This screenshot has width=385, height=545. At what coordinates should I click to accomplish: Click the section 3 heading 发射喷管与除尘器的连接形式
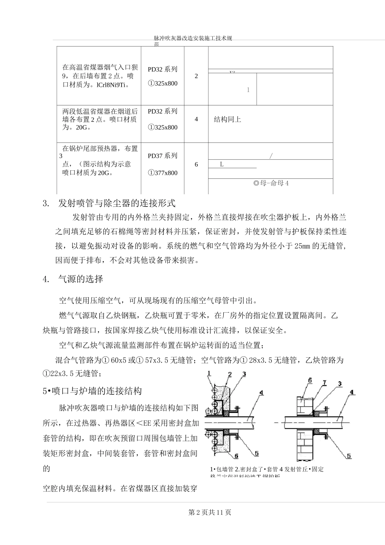click(117, 202)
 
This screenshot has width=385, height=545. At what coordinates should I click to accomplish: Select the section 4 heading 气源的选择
click(81, 279)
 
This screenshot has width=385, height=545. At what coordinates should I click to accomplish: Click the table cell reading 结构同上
click(227, 119)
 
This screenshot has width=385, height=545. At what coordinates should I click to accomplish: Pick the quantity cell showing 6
click(197, 164)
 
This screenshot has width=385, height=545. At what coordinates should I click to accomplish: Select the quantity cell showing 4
click(197, 119)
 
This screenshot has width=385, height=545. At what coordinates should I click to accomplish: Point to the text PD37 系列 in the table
click(163, 156)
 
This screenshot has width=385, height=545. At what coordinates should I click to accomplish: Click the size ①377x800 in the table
click(163, 173)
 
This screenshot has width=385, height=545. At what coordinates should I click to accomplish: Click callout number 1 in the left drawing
click(209, 373)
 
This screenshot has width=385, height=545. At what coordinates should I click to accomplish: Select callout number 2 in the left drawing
click(229, 374)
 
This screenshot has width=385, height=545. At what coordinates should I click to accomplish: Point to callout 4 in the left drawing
click(261, 392)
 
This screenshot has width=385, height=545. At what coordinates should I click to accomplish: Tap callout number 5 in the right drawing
click(349, 456)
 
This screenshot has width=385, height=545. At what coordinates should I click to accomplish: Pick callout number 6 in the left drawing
click(236, 457)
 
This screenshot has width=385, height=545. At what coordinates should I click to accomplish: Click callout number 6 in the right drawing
click(310, 380)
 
